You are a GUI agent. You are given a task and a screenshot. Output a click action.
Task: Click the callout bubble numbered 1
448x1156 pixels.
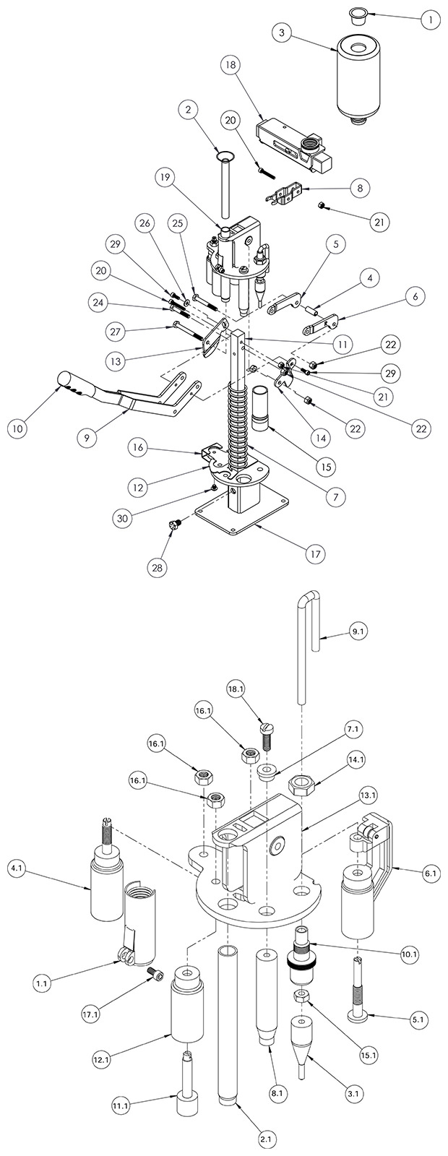(428, 21)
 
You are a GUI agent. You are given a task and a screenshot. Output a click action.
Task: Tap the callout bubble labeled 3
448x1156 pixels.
(282, 33)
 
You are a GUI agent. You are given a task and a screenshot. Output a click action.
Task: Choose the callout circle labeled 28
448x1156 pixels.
(158, 568)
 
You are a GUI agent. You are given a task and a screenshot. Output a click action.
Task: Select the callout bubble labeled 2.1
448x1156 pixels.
(268, 1139)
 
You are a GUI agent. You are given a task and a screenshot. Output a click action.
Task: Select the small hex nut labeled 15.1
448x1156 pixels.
(301, 996)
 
